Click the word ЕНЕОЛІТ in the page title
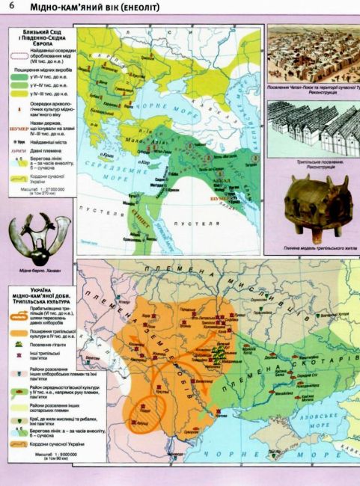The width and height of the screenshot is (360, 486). coord(141,7)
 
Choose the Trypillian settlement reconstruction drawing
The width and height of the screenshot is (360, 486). coord(313,126)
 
